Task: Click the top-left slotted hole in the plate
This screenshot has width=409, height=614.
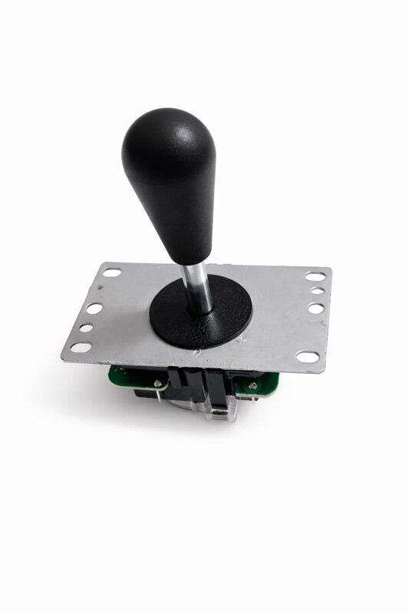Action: coord(112,272)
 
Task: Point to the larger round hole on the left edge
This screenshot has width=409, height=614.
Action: coord(94,309)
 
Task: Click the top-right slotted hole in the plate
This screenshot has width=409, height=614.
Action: coord(314,276)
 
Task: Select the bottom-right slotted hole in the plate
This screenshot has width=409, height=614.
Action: coord(306,356)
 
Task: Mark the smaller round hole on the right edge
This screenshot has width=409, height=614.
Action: coord(315,292)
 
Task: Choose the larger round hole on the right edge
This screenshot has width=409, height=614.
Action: coord(315,308)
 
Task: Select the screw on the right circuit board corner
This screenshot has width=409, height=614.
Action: coord(251,381)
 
